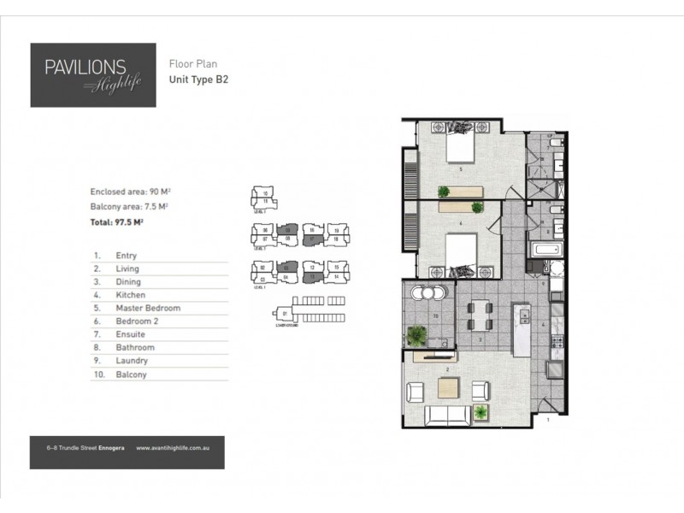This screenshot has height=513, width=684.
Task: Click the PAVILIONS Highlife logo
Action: (x=93, y=74)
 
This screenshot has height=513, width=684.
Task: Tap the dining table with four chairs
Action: (x=480, y=315)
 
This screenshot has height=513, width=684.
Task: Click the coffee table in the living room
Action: (x=449, y=387)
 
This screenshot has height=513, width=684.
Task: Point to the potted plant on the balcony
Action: (x=418, y=334)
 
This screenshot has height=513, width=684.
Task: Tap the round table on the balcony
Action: (x=429, y=293)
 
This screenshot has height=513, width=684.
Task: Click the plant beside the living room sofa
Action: (x=482, y=413)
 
